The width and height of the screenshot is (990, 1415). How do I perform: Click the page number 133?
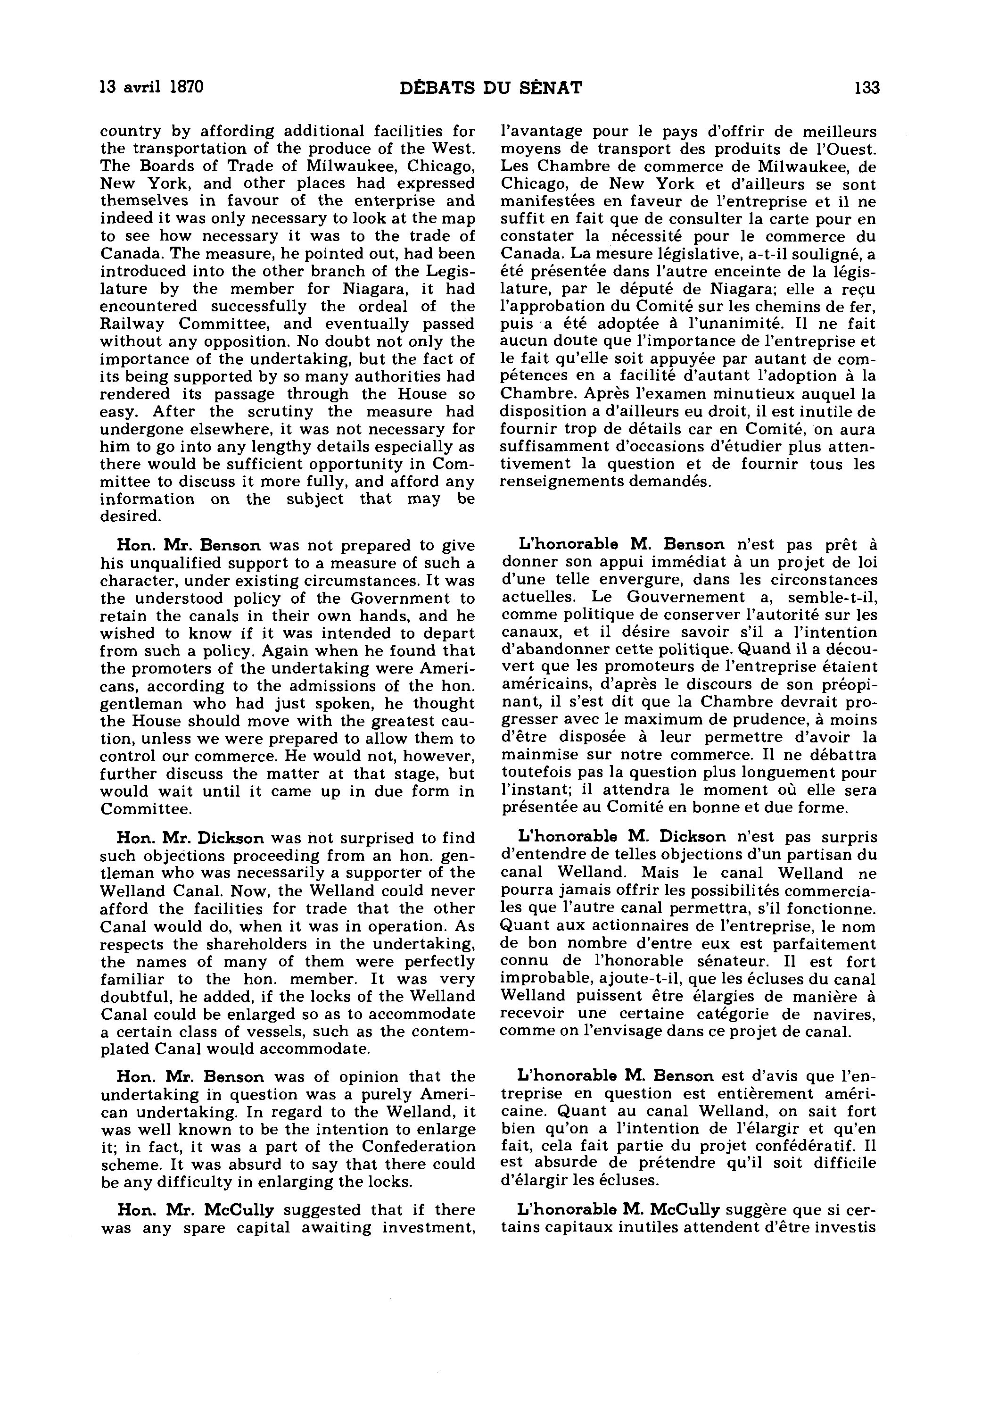867,88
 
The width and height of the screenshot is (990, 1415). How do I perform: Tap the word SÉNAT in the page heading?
550,88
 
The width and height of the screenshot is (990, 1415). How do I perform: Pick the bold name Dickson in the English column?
231,838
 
